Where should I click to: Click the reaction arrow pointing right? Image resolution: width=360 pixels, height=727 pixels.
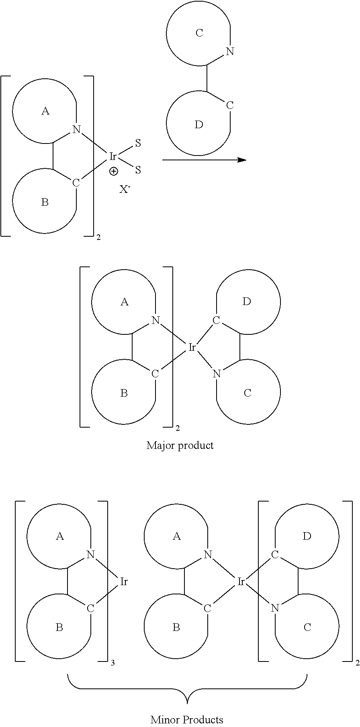point(204,160)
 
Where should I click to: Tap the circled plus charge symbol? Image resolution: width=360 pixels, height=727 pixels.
point(114,172)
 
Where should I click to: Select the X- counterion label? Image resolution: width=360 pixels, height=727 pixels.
point(125,189)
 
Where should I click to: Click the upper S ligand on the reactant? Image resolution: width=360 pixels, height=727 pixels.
point(138,143)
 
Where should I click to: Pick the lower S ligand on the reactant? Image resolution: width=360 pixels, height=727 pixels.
point(138,170)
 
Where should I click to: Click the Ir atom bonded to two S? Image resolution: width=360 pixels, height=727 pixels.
point(113,156)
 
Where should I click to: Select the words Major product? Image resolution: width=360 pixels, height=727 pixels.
point(180,445)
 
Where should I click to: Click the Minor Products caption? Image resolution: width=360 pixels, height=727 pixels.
point(187,719)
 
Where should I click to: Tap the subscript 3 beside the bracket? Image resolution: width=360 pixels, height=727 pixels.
point(112,663)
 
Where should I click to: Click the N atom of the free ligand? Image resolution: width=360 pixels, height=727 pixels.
point(230,51)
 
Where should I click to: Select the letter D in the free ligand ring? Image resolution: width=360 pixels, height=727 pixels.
point(199,125)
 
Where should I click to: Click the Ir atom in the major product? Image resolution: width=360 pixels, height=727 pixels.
point(192,347)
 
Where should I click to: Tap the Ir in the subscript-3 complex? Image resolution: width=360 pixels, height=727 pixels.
point(124,581)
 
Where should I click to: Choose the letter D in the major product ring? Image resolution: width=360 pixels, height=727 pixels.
point(247,301)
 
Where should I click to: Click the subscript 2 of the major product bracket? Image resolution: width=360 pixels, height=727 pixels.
point(178,428)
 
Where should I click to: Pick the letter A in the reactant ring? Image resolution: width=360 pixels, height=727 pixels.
point(45,111)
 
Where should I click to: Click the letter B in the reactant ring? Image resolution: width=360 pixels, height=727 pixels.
point(45,202)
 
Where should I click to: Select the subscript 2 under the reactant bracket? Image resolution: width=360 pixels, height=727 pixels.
point(98,238)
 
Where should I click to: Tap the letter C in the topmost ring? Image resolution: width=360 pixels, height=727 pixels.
point(199,33)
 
